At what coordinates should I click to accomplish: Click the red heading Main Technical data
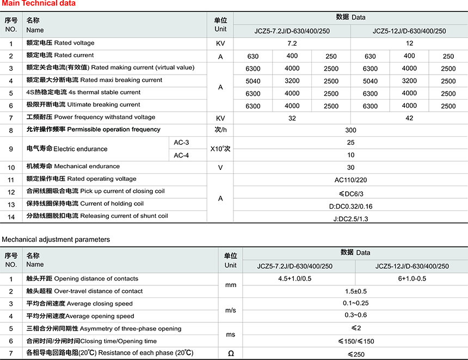coord(39,4)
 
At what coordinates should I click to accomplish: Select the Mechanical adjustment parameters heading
coord(56,240)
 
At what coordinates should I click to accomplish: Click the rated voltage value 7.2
coord(292,43)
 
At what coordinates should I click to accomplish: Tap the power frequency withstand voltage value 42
coord(409,118)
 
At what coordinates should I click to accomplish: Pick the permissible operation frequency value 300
coord(350,131)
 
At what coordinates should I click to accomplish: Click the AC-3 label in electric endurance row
coord(181,143)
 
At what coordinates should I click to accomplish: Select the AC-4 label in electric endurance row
coord(181,155)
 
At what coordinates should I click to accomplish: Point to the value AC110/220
coord(350,180)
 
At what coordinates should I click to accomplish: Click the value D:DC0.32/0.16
coord(350,206)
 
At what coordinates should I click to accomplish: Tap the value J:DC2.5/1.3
coord(350,219)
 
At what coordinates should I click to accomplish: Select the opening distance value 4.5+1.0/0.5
coord(299,279)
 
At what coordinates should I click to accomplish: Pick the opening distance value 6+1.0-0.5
coord(411,279)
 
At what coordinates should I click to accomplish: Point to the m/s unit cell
coord(230,310)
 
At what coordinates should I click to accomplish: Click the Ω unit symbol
coord(230,353)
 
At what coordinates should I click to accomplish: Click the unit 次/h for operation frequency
coord(220,130)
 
